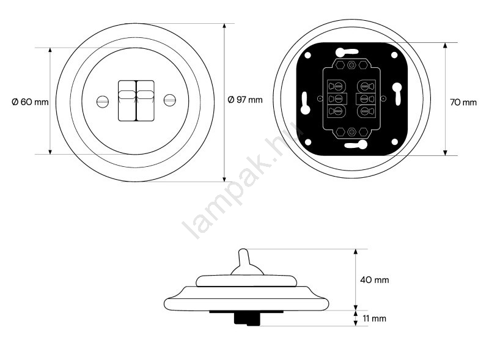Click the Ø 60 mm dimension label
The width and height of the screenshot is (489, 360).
click(x=30, y=102)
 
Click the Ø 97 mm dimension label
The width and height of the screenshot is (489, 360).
click(x=245, y=100)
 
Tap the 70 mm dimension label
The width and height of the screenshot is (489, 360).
click(x=463, y=102)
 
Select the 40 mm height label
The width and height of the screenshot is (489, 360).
click(x=375, y=280)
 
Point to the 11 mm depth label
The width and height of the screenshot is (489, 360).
click(x=374, y=318)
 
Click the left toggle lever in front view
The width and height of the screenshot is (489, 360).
click(x=127, y=100)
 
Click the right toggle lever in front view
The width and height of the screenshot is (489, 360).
click(x=145, y=100)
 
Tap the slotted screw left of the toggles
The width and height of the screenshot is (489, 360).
click(x=103, y=101)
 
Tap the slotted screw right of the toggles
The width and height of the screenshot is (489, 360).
click(x=170, y=100)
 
